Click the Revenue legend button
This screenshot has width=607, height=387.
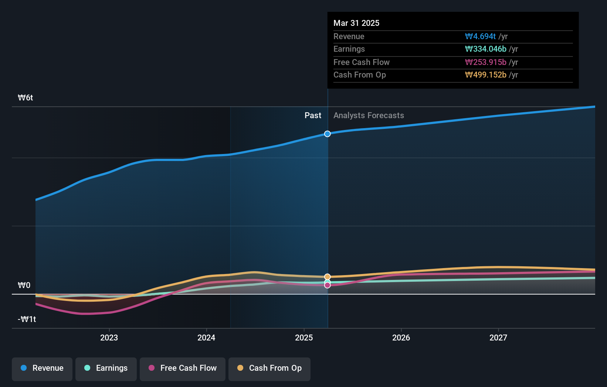click(42, 369)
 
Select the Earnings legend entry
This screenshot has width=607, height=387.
click(106, 369)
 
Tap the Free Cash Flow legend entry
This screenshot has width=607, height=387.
click(183, 369)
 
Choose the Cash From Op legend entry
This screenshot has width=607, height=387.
click(269, 369)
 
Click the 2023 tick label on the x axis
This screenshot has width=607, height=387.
click(109, 338)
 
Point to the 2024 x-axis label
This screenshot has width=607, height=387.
click(206, 338)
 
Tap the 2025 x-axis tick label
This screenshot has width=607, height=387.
click(304, 338)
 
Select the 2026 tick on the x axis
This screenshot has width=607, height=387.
click(401, 338)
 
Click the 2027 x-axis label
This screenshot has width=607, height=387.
click(498, 338)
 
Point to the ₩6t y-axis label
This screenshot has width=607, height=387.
click(26, 98)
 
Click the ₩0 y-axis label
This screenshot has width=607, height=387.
click(24, 285)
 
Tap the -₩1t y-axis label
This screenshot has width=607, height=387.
click(27, 319)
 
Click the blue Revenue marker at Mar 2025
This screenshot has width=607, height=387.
click(328, 134)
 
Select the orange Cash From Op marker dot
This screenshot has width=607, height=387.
click(328, 277)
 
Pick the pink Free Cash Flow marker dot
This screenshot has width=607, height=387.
click(328, 285)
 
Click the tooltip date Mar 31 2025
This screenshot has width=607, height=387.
click(356, 23)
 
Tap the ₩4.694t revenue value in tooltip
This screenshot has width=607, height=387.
click(480, 37)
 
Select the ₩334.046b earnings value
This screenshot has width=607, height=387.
click(485, 49)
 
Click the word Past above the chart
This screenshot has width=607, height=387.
click(313, 116)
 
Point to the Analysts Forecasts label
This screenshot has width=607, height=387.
click(369, 116)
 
